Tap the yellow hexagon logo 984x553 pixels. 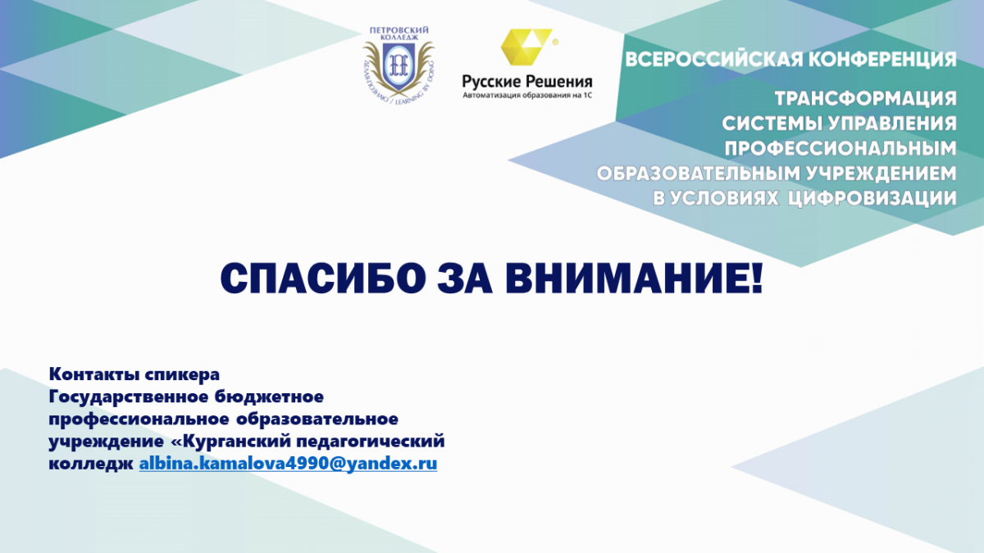526,47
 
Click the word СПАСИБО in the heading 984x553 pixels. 323,279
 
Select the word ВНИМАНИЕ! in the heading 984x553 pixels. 634,279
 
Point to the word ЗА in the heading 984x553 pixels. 465,279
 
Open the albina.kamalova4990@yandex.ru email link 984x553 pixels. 288,464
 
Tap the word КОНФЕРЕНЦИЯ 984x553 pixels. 882,60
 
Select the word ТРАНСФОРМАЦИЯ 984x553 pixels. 865,98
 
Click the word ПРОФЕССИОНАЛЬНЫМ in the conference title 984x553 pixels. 840,148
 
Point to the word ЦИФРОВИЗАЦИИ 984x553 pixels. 872,198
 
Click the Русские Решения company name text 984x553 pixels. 527,82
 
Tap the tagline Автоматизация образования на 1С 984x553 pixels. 527,95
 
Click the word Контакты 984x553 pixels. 94,374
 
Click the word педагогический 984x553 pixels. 371,442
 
